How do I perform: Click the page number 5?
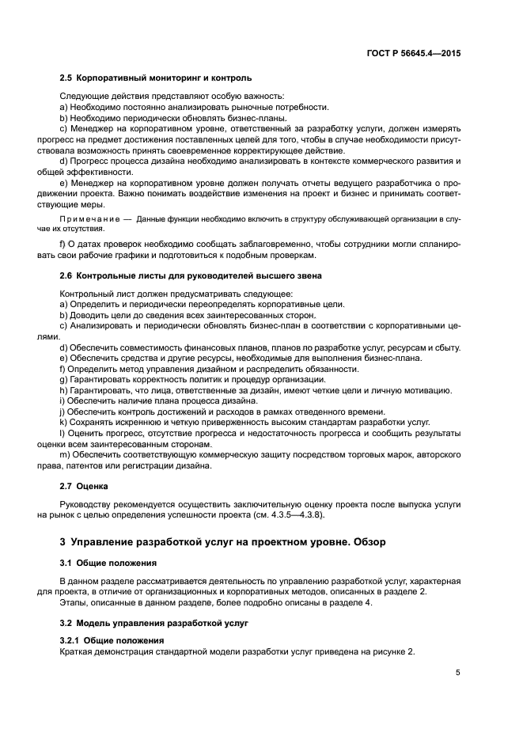[x=458, y=673]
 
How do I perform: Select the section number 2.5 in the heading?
[x=66, y=78]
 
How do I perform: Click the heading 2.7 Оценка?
[x=85, y=486]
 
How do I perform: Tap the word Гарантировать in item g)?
[x=103, y=379]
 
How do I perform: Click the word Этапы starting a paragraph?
[x=76, y=602]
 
